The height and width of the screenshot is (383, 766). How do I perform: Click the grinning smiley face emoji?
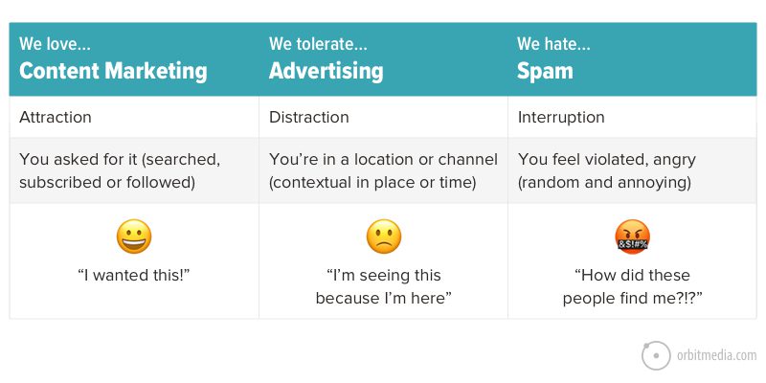tap(134, 237)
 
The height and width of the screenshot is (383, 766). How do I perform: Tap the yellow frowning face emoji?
tap(383, 237)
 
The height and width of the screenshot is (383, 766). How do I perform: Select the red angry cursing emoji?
tap(632, 237)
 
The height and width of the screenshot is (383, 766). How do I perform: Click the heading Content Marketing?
tap(113, 71)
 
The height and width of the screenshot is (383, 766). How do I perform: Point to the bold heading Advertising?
tap(326, 71)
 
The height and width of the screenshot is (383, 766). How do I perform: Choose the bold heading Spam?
tap(544, 71)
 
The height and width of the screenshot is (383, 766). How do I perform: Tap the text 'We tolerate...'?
tap(317, 44)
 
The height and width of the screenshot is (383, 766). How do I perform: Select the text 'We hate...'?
tap(553, 44)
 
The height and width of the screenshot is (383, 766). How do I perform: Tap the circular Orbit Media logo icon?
tap(655, 355)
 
